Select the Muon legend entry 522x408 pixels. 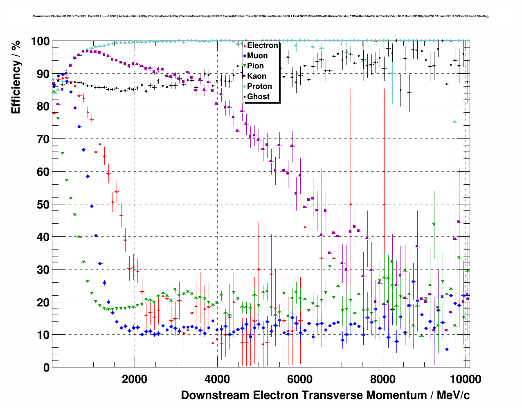(x=257, y=56)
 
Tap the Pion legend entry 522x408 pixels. (x=255, y=66)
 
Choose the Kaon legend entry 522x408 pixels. (x=256, y=76)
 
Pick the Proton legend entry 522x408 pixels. (x=259, y=86)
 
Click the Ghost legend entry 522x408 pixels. (x=258, y=97)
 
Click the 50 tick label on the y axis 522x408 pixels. (x=43, y=204)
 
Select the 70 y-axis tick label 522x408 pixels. (x=43, y=139)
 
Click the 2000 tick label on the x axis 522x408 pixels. (x=135, y=379)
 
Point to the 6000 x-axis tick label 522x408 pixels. (x=300, y=379)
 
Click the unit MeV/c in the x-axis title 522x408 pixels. (x=453, y=395)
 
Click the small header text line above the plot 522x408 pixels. (x=261, y=16)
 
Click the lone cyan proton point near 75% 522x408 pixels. (x=454, y=122)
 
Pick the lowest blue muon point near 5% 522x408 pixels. (x=447, y=349)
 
